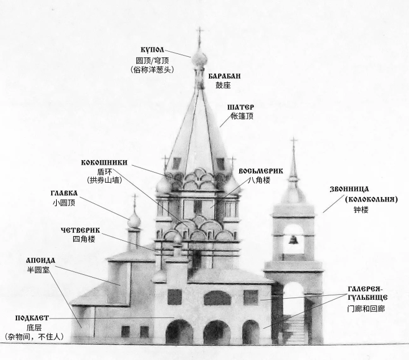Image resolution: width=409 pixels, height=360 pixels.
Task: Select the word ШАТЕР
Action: (x=241, y=107)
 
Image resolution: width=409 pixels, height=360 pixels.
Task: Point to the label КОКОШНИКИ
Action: (x=104, y=162)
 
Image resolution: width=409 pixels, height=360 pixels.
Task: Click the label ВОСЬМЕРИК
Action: (x=261, y=171)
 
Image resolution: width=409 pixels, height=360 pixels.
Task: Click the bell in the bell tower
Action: (x=293, y=240)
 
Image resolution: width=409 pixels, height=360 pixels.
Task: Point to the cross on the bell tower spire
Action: (x=294, y=142)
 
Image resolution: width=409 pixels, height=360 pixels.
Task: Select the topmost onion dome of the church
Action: (x=199, y=58)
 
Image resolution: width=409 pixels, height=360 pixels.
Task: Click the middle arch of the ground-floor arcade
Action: (x=217, y=332)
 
